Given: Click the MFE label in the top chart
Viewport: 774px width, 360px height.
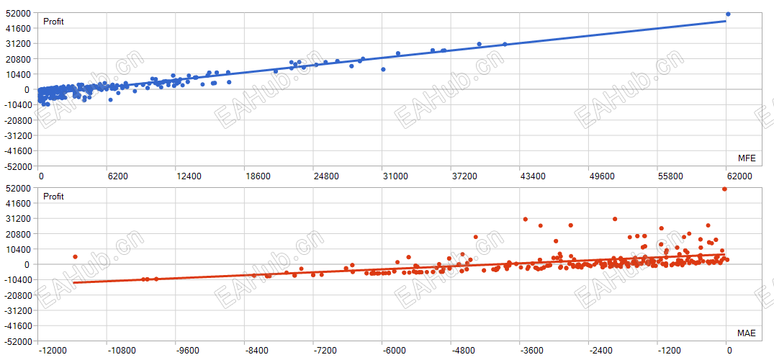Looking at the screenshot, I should coord(746,158).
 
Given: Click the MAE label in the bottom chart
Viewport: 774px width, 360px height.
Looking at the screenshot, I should coord(746,333).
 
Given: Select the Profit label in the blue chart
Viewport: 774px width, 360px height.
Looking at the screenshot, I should coord(53,22).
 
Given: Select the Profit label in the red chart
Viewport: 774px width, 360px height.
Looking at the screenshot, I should coord(53,197).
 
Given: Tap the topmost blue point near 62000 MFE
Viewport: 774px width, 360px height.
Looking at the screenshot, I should coord(728,14).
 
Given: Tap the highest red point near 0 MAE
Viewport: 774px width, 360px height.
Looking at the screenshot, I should coord(724,189).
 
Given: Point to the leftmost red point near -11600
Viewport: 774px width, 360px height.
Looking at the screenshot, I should coord(75,256).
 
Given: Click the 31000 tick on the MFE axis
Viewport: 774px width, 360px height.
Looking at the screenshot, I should coord(395,176).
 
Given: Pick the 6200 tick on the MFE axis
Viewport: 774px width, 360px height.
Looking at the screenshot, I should coord(117,176).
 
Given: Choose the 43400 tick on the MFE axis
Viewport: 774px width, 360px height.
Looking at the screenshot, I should coord(533,176).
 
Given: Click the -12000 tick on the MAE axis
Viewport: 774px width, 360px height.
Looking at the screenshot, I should coord(51,351).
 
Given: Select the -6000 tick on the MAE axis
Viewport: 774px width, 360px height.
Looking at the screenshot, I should coord(395,351).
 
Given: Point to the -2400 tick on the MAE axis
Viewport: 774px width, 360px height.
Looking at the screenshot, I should coord(601,351).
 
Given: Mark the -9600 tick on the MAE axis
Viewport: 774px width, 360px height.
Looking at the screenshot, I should coord(188,351).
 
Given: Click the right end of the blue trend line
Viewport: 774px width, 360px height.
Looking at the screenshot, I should coord(725,22).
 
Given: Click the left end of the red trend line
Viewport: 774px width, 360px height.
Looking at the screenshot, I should coord(75,282).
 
